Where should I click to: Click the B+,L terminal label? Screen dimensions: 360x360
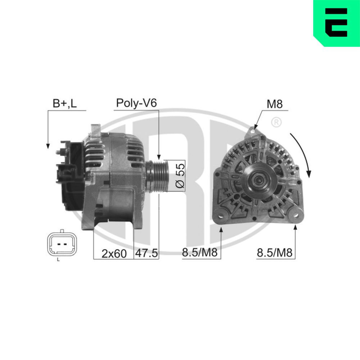pos(64,104)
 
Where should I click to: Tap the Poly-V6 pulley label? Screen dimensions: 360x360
pos(136,104)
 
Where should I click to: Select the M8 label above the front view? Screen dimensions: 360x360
pos(274,104)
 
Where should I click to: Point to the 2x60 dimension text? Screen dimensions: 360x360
pos(114,253)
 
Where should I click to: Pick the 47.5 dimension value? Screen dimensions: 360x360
pos(146,253)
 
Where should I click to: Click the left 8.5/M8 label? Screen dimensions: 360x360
pos(200,253)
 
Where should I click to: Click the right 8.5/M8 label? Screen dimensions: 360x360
pos(274,253)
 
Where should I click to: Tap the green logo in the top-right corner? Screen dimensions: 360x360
pos(337,23)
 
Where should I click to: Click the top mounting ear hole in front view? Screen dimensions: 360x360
pos(253,132)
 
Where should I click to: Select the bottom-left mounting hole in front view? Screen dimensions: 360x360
pos(220,216)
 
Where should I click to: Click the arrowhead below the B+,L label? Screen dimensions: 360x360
pos(47,146)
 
